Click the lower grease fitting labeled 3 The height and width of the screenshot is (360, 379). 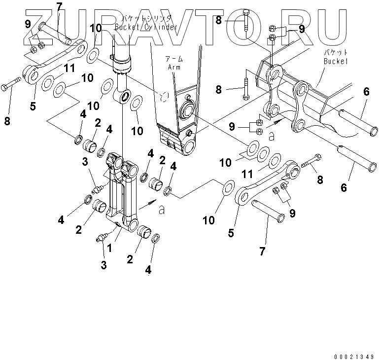[102, 238]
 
